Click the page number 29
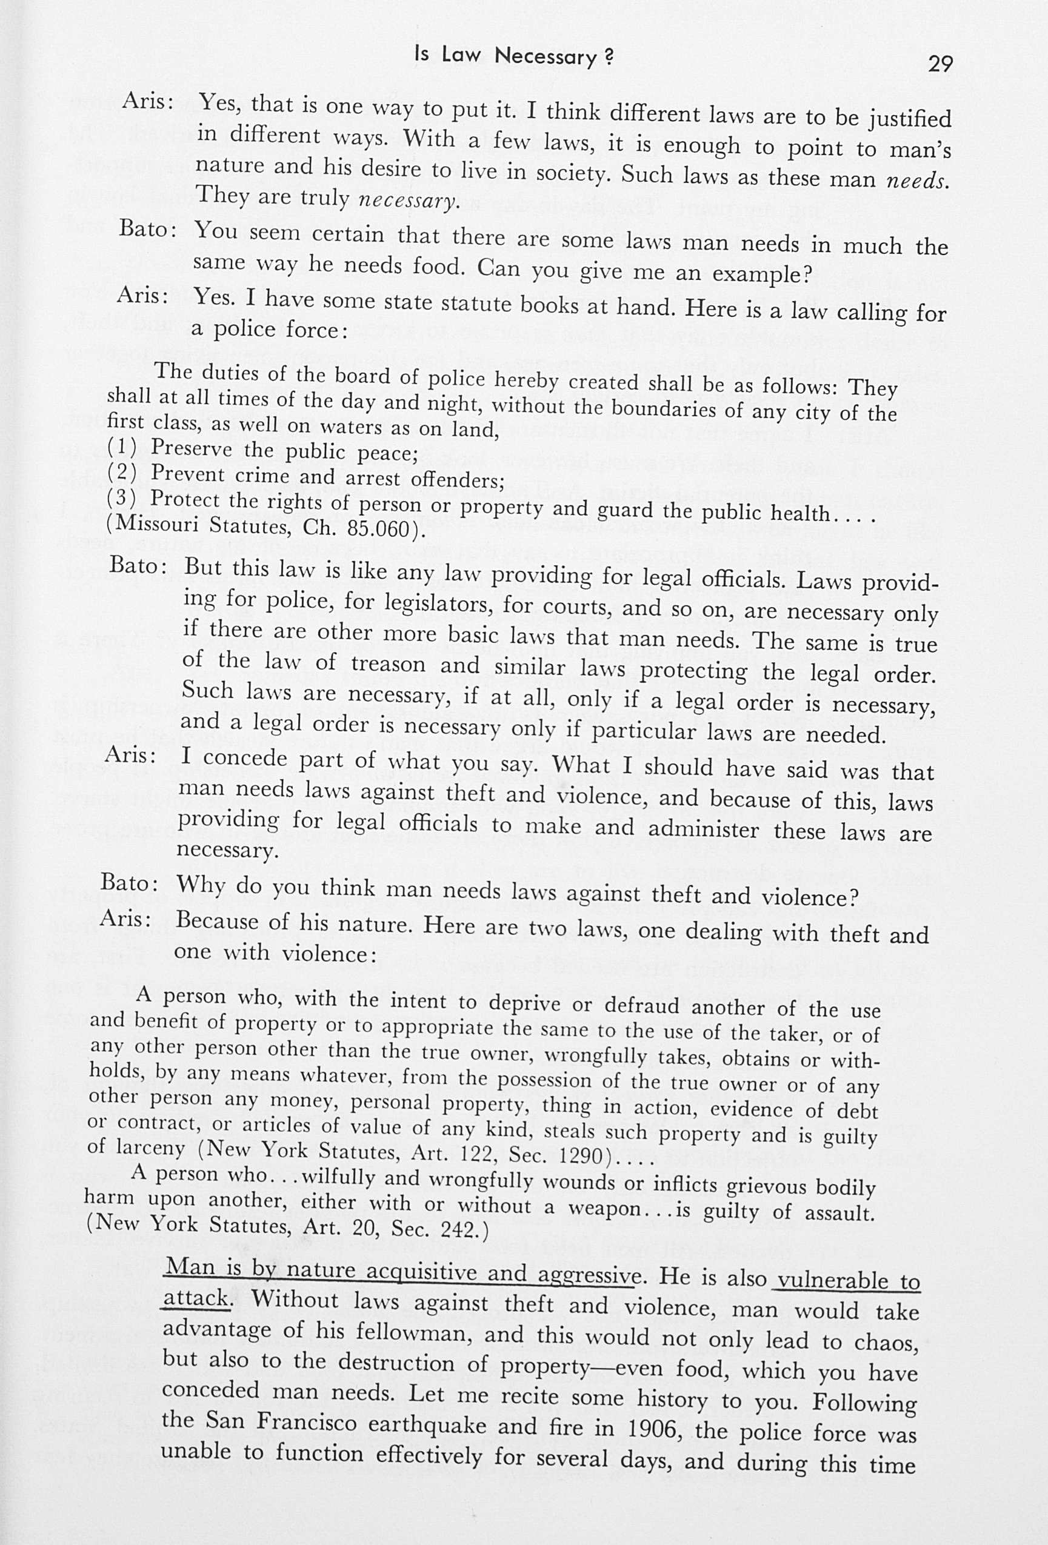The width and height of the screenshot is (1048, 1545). (x=940, y=64)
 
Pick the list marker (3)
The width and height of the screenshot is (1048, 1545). (x=122, y=498)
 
